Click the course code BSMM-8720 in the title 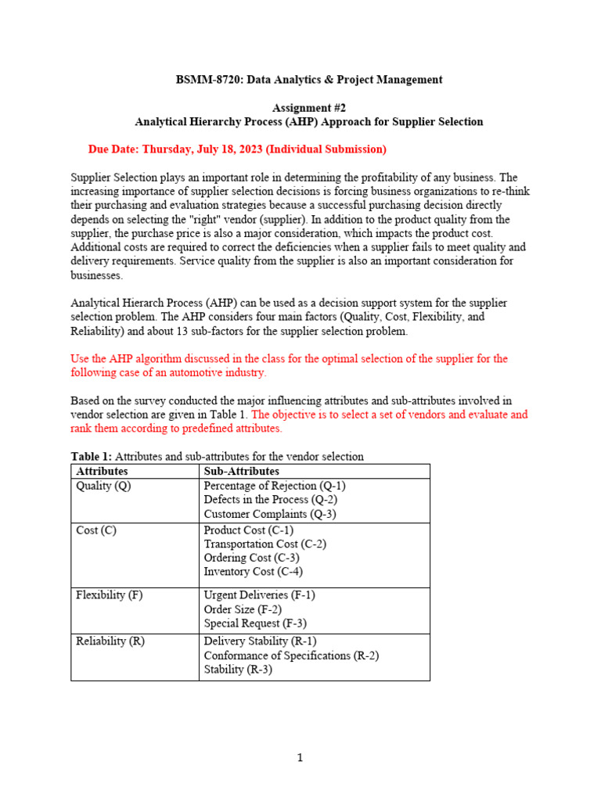tap(203, 80)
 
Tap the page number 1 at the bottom tap(300, 757)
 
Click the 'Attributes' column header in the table tap(102, 471)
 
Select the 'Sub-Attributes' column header tap(241, 471)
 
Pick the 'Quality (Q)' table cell tap(103, 486)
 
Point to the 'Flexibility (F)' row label tap(110, 595)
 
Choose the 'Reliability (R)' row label tap(110, 641)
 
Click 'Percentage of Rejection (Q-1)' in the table tap(274, 486)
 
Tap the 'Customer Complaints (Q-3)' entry tap(270, 514)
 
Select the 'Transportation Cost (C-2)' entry tap(265, 544)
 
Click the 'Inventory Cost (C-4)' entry tap(253, 572)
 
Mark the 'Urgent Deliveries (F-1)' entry tap(259, 595)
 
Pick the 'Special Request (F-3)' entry tap(255, 623)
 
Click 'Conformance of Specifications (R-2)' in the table tap(291, 656)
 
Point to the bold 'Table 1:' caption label tap(92, 457)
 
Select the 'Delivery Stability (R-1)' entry tap(260, 641)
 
